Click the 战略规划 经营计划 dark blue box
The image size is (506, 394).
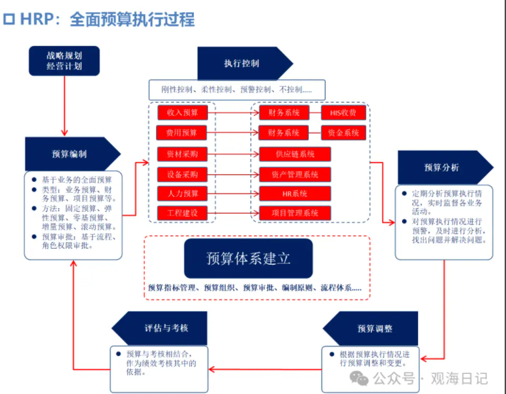point(64,61)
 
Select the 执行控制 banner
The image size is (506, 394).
point(241,64)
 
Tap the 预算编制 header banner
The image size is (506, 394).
point(69,154)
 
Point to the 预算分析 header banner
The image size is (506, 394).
point(441,167)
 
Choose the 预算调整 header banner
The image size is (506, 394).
point(374,329)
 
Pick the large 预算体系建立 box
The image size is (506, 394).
point(248,258)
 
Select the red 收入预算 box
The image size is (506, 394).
point(183,112)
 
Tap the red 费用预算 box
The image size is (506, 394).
point(182,133)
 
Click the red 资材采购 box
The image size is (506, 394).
point(182,154)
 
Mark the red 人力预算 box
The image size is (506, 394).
point(182,194)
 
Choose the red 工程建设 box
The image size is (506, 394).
point(182,213)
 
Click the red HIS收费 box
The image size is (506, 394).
point(343,113)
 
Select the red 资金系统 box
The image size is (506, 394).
point(343,133)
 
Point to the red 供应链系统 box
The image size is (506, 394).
point(295,154)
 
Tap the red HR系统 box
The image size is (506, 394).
point(295,194)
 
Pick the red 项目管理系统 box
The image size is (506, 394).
point(295,213)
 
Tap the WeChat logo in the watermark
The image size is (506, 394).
point(359,378)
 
